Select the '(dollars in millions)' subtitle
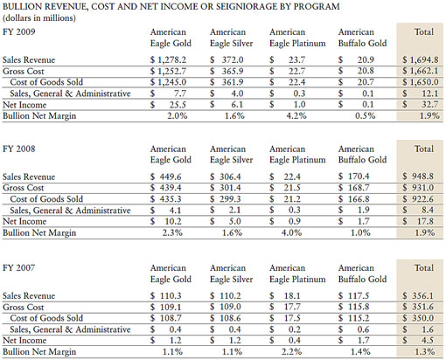pyautogui.click(x=43, y=18)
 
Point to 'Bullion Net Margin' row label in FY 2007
pyautogui.click(x=44, y=351)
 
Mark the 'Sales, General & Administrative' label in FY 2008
pyautogui.click(x=75, y=212)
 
